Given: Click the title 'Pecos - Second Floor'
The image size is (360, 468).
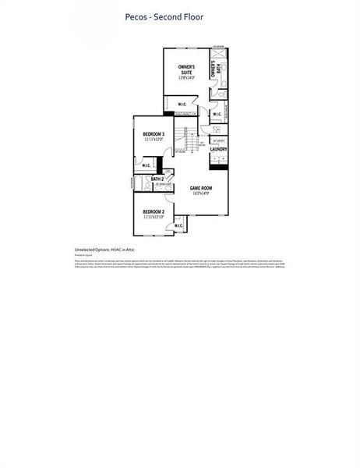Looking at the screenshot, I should [x=164, y=16].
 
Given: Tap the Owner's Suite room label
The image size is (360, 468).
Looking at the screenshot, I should [x=185, y=69].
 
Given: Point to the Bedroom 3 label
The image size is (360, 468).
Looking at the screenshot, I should [x=153, y=134].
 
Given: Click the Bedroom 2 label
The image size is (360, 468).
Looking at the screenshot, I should [x=153, y=211].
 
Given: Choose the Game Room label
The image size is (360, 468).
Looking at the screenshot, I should [x=201, y=188].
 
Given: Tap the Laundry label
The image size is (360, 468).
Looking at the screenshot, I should [x=218, y=149].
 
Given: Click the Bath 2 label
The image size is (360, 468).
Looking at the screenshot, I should [x=157, y=179].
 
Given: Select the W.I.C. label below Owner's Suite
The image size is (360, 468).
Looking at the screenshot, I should [x=182, y=104].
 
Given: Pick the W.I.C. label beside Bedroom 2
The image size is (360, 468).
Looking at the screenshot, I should [x=178, y=226].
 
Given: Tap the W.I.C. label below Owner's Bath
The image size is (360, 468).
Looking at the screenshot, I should [x=217, y=115].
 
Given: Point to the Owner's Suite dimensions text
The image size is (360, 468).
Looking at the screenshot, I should [x=185, y=77].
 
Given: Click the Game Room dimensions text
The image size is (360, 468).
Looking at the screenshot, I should [x=201, y=193].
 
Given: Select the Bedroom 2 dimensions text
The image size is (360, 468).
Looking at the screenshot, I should [x=153, y=217].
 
